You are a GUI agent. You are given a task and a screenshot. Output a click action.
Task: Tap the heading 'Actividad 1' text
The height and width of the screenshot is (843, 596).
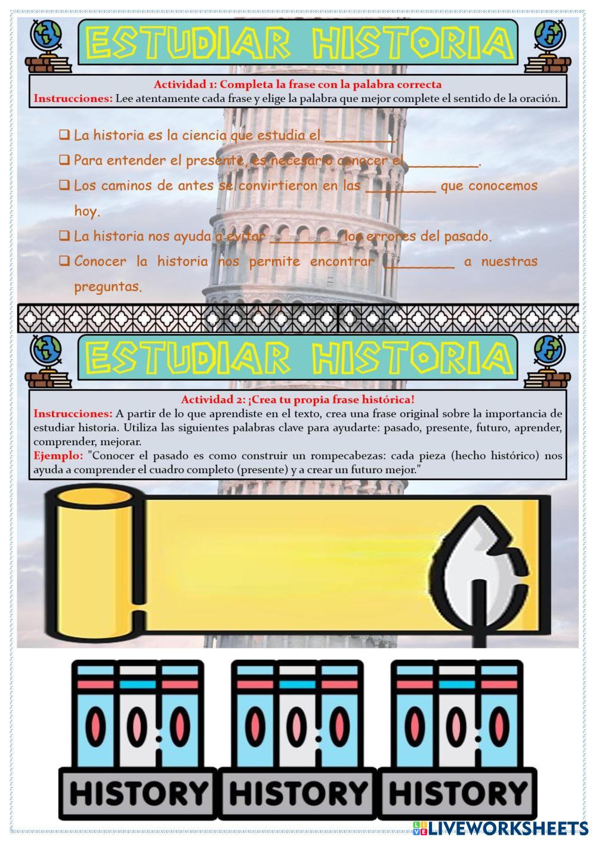pyautogui.click(x=298, y=84)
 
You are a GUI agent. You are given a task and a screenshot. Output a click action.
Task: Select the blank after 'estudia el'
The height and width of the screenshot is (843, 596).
pyautogui.click(x=360, y=136)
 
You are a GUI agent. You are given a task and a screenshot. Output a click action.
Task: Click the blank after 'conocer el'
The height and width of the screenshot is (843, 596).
pyautogui.click(x=443, y=161)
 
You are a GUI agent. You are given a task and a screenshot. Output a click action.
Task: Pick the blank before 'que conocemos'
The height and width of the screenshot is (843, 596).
pyautogui.click(x=400, y=186)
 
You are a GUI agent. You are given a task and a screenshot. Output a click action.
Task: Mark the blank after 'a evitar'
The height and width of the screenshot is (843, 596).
pyautogui.click(x=305, y=237)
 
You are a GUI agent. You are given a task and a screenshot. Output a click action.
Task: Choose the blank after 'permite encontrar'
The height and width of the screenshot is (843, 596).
pyautogui.click(x=419, y=262)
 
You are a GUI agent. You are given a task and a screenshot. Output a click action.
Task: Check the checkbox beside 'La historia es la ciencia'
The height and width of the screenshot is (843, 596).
pyautogui.click(x=64, y=135)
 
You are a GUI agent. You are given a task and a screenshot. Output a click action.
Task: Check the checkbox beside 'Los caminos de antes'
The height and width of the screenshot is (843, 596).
pyautogui.click(x=64, y=186)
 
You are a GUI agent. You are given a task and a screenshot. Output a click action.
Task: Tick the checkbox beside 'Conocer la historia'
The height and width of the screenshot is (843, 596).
pyautogui.click(x=64, y=261)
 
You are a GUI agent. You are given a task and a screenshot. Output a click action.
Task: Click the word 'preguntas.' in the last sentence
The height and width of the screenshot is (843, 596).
pyautogui.click(x=108, y=287)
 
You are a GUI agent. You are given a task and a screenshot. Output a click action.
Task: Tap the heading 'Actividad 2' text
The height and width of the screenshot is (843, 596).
pyautogui.click(x=298, y=399)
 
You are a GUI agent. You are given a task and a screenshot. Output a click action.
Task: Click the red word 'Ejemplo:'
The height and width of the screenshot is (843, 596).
pyautogui.click(x=58, y=456)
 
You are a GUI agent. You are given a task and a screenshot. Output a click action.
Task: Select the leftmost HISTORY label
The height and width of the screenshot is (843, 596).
pyautogui.click(x=139, y=793)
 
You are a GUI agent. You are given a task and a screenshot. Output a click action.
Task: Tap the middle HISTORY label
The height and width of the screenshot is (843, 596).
pyautogui.click(x=298, y=793)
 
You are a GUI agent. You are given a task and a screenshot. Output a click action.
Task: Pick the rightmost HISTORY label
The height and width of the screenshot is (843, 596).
pyautogui.click(x=458, y=793)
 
